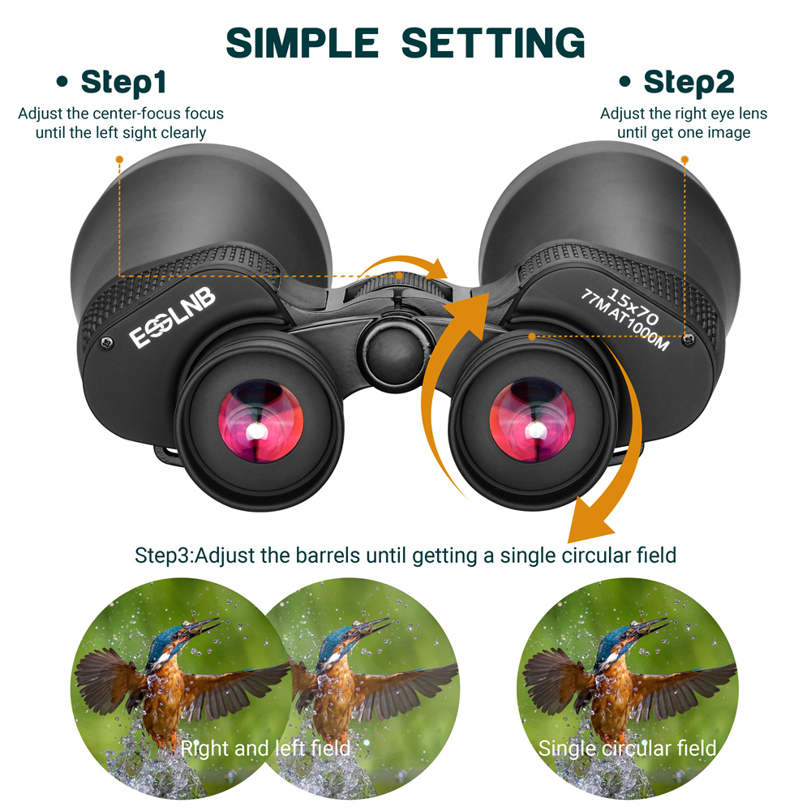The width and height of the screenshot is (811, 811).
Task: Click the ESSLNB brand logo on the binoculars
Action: [172, 317]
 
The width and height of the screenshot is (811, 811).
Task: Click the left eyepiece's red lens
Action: [260, 422]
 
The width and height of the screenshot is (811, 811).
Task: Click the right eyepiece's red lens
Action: [532, 420]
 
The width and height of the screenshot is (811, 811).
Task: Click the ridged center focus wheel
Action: [397, 286]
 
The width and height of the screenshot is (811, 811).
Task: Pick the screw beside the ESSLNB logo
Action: [107, 342]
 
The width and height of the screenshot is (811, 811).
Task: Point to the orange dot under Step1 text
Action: [119, 159]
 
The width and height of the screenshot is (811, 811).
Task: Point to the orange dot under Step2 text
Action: [684, 160]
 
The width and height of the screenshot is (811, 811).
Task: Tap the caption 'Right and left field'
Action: [265, 749]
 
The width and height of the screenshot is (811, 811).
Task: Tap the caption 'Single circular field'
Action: [627, 749]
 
